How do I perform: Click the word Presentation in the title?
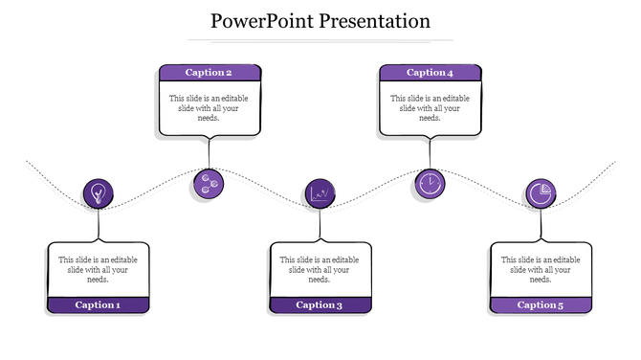pyautogui.click(x=374, y=20)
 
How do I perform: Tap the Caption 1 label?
pyautogui.click(x=99, y=305)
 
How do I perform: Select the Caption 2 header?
pyautogui.click(x=209, y=73)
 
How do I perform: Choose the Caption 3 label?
pyautogui.click(x=320, y=305)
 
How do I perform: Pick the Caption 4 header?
pyautogui.click(x=430, y=73)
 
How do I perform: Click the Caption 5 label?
pyautogui.click(x=541, y=305)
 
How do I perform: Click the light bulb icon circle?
pyautogui.click(x=98, y=194)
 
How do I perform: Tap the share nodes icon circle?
pyautogui.click(x=208, y=184)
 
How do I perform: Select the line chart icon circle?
pyautogui.click(x=320, y=193)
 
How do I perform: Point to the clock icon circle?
pyautogui.click(x=430, y=183)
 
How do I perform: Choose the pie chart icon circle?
pyautogui.click(x=541, y=193)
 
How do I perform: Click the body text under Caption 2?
pyautogui.click(x=209, y=107)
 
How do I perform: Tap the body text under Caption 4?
pyautogui.click(x=430, y=107)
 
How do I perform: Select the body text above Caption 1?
pyautogui.click(x=99, y=269)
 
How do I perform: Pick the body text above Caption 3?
pyautogui.click(x=320, y=269)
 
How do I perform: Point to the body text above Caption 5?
pyautogui.click(x=541, y=269)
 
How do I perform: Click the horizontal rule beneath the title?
pyautogui.click(x=320, y=40)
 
